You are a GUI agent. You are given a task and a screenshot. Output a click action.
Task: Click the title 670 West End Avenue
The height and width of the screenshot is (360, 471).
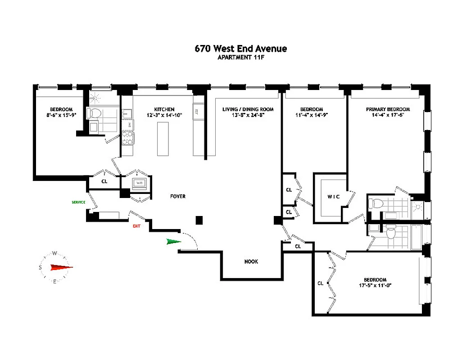coord(240,49)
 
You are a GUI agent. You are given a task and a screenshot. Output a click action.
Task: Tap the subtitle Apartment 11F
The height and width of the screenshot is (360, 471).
coord(240,58)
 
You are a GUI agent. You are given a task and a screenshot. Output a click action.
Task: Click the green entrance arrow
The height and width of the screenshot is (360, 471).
coord(173,242)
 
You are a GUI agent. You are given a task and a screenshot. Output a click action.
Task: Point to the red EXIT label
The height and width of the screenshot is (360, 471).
coord(136,226)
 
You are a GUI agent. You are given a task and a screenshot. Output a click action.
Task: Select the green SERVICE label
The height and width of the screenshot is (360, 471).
coord(78,202)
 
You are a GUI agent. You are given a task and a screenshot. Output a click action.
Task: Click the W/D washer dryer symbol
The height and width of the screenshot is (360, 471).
coord(139,183)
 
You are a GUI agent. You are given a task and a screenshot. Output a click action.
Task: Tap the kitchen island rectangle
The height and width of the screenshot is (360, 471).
coord(163,139)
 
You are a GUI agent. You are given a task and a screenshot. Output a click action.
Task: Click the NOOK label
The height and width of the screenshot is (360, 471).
coord(251,261)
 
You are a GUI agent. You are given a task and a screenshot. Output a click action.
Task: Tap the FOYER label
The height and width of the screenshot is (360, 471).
coord(177,196)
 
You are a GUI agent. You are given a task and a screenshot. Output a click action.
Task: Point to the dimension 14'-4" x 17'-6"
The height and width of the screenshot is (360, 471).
coord(388,115)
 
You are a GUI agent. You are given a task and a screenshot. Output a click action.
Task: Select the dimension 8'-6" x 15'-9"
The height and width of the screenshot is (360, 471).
coord(61,115)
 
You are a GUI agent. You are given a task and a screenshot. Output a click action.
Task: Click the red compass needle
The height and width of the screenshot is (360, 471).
coord(61,268)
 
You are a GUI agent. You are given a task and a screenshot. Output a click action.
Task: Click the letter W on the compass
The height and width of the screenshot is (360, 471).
coord(54,253)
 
